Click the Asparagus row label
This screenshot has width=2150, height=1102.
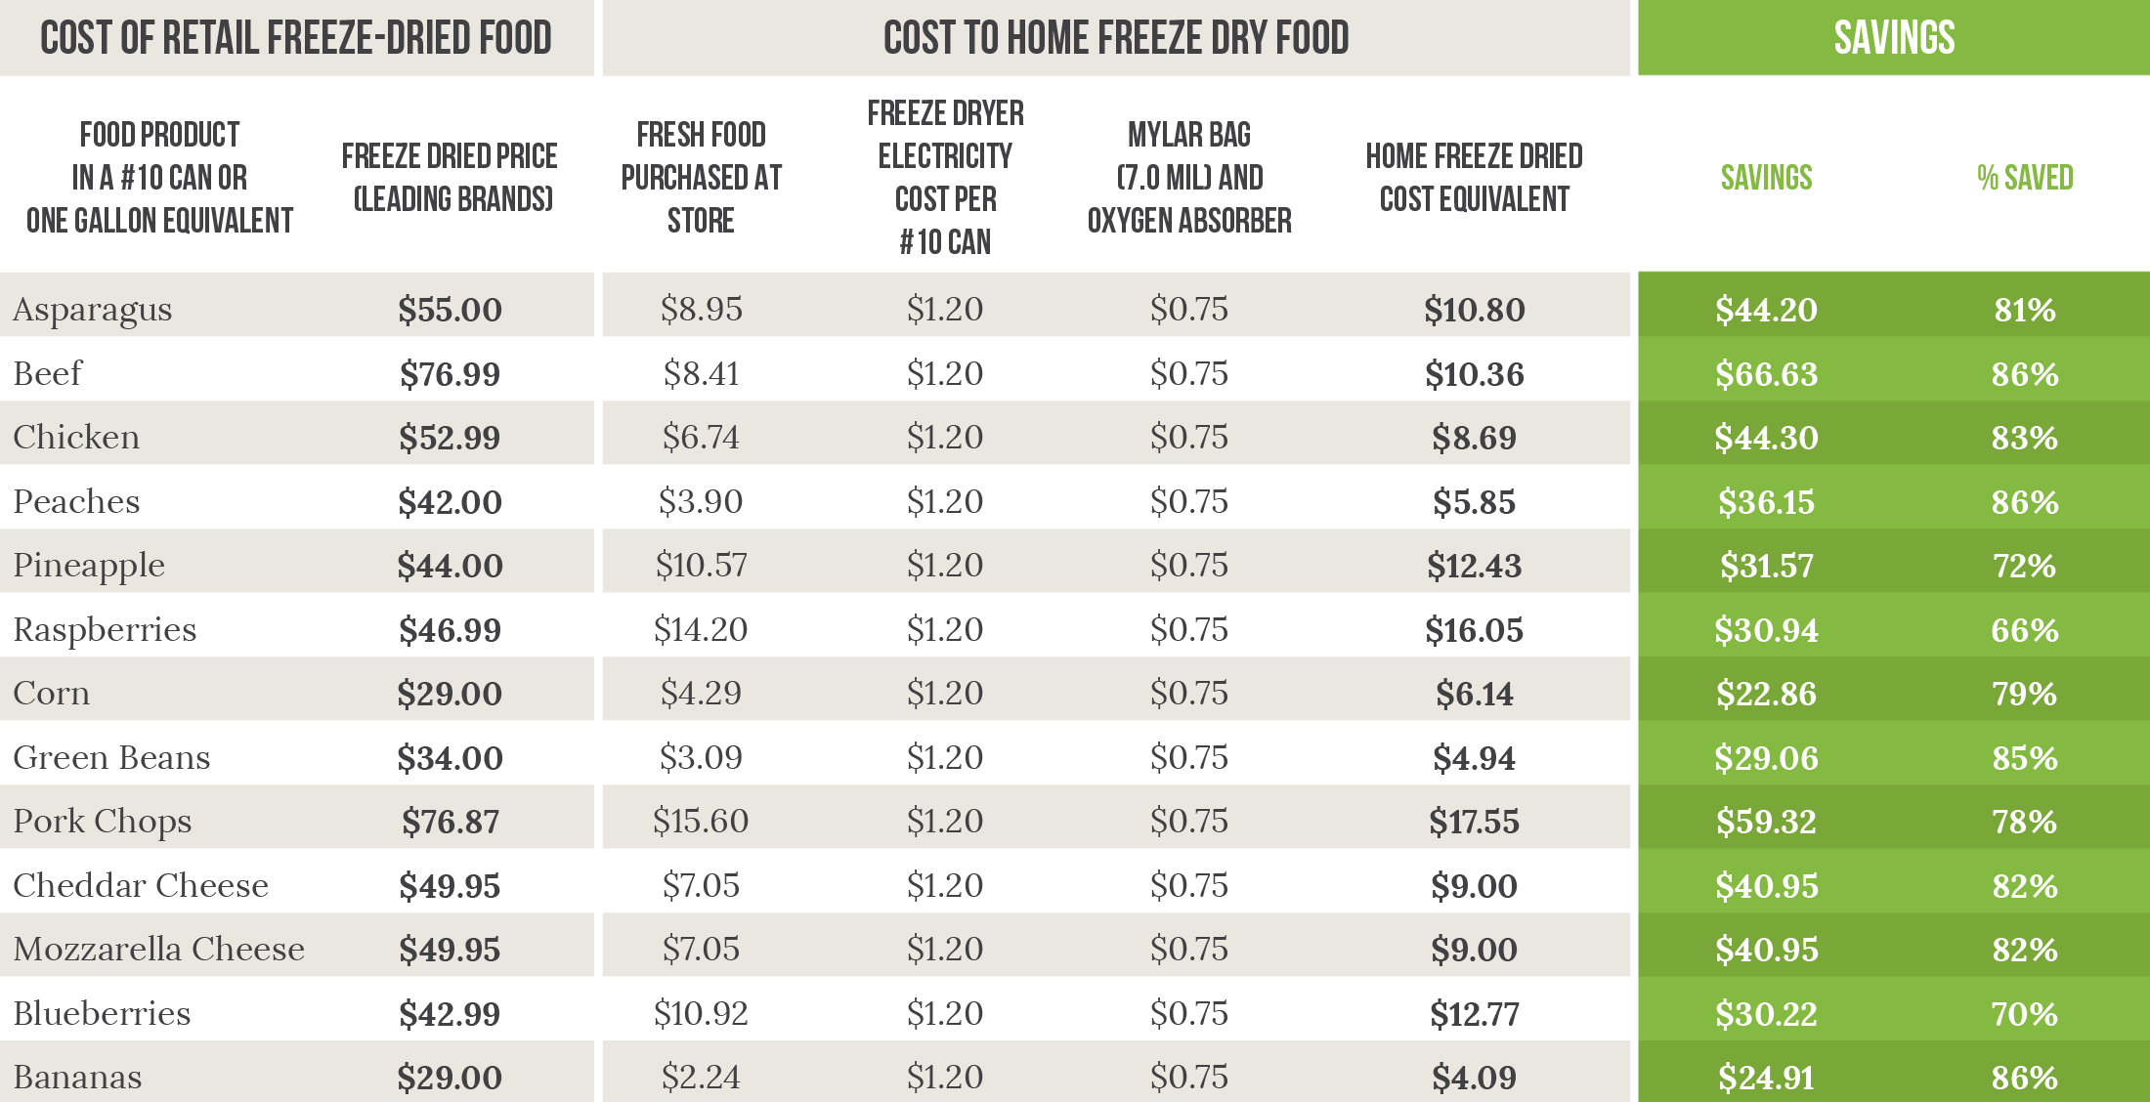tap(92, 310)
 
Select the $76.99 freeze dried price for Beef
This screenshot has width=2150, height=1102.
tap(450, 373)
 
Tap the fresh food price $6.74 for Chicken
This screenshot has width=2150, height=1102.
tap(701, 437)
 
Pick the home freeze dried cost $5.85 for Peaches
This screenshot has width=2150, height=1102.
tap(1474, 501)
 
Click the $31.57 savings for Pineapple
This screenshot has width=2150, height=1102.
tap(1766, 565)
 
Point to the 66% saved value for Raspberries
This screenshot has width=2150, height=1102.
tap(2025, 629)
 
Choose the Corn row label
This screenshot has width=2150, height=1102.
tap(51, 693)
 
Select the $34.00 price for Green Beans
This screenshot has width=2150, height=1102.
tap(450, 757)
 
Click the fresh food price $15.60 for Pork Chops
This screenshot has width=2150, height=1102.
tap(701, 821)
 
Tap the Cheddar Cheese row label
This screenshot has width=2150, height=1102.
tap(141, 885)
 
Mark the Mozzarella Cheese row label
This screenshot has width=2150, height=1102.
tap(158, 949)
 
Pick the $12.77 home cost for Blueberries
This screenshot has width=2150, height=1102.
tap(1474, 1013)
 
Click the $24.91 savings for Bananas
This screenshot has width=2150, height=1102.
tap(1766, 1077)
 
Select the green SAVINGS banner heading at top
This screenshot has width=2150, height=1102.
tap(1894, 38)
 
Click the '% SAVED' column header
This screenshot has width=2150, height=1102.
tap(2025, 177)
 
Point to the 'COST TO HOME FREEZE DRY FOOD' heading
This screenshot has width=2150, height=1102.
tap(1116, 38)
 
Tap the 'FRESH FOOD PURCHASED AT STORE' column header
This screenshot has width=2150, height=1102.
tap(701, 177)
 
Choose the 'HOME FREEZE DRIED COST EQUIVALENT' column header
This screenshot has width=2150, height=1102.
tap(1474, 177)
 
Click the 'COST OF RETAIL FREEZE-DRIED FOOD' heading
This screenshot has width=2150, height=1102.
tap(296, 38)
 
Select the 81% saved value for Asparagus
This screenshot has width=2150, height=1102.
tap(2025, 310)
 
